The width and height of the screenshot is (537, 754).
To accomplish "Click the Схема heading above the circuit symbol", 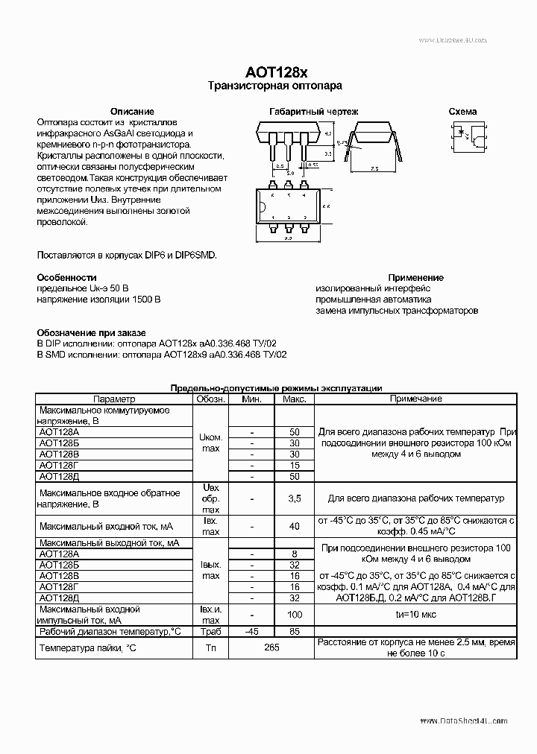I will pyautogui.click(x=462, y=111).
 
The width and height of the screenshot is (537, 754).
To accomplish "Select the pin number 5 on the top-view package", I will pyautogui.click(x=288, y=194).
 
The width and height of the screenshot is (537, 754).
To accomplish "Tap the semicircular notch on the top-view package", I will pyautogui.click(x=261, y=207).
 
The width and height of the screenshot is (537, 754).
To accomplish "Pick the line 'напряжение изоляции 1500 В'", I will pyautogui.click(x=98, y=299).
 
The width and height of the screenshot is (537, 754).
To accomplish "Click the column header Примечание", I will pyautogui.click(x=415, y=399).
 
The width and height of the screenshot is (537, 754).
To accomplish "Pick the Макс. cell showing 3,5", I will pyautogui.click(x=294, y=498).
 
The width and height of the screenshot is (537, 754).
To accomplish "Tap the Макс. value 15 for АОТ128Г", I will pyautogui.click(x=294, y=465).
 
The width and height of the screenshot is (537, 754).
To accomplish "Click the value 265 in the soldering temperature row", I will pyautogui.click(x=271, y=648).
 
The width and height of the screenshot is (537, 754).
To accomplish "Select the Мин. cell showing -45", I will pyautogui.click(x=253, y=631).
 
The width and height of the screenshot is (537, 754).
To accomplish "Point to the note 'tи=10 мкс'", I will pyautogui.click(x=415, y=615).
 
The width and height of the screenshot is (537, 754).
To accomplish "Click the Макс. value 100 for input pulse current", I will pyautogui.click(x=294, y=615).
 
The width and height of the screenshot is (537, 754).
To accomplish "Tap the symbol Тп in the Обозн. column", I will pyautogui.click(x=210, y=648).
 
